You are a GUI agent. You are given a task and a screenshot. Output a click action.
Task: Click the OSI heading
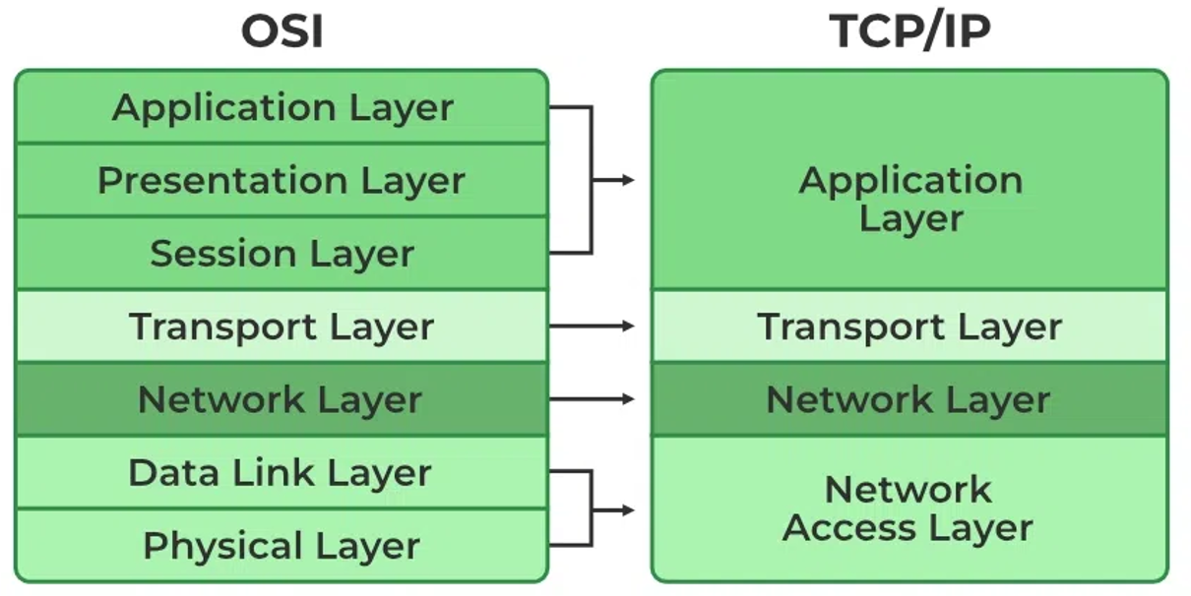[x=282, y=31]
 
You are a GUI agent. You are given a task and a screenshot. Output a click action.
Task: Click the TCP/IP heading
[x=909, y=31]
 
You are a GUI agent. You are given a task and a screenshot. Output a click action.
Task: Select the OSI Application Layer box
[x=282, y=106]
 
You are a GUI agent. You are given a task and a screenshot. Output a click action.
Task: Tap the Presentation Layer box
[x=282, y=180]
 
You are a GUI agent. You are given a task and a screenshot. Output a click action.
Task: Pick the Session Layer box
[x=282, y=253]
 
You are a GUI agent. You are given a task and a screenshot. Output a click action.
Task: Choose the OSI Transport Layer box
[x=282, y=326]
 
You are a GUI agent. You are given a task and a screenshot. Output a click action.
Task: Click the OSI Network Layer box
[x=282, y=399]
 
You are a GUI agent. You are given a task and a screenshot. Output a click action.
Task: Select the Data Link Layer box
[x=282, y=472]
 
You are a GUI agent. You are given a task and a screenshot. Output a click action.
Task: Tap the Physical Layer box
[x=282, y=545]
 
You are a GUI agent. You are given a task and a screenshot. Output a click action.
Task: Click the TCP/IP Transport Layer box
[x=909, y=326]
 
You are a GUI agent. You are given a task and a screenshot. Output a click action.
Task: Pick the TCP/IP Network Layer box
[x=909, y=399]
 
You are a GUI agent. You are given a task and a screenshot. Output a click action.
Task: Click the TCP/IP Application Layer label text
[x=910, y=199]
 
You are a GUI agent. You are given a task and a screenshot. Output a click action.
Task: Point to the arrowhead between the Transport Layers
[x=628, y=326]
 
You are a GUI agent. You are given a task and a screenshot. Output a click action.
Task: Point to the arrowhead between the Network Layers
[x=628, y=399]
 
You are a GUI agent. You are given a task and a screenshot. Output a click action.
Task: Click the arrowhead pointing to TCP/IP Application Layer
[x=628, y=180]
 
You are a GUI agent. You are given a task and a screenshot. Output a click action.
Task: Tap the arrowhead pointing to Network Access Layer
[x=628, y=509]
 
